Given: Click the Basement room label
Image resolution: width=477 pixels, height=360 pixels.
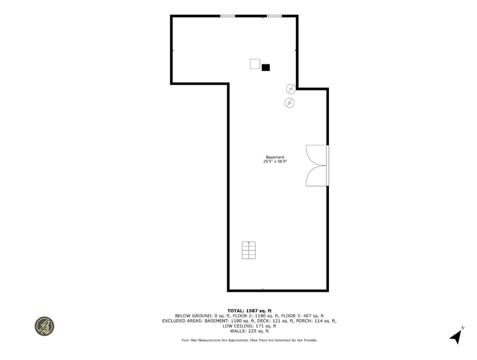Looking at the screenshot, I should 275,157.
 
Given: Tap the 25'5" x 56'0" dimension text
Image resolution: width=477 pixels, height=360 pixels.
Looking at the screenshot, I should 275,161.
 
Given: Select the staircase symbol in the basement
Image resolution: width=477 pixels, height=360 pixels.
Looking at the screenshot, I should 249,250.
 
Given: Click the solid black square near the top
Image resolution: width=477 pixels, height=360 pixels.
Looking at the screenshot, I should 266,68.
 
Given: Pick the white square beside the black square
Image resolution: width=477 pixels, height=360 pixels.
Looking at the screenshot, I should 255,64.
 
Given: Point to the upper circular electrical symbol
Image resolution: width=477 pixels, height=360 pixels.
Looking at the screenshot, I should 291,89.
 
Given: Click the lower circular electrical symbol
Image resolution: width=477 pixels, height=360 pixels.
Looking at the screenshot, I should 289,103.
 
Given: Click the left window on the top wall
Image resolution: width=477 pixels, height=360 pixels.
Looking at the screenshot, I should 227,16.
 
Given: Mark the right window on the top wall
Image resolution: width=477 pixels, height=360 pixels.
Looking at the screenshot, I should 274,16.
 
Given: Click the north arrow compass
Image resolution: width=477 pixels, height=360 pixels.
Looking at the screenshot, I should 456,336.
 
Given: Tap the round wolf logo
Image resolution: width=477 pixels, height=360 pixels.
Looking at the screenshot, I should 44,326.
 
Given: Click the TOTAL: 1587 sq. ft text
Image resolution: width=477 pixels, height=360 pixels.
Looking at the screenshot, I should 249,311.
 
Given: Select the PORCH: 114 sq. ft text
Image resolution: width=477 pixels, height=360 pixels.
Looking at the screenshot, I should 319,320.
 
